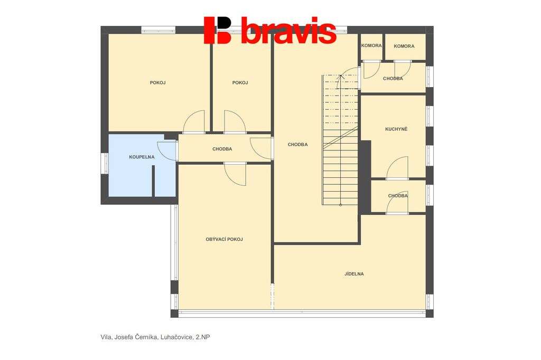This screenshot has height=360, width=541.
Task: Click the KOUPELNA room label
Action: click(x=142, y=157)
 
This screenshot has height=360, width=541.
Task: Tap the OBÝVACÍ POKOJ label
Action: click(x=224, y=239)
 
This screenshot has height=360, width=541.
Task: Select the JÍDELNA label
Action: click(x=354, y=274)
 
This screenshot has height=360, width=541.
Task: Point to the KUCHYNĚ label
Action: click(x=396, y=129)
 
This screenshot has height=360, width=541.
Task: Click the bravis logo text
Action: click(x=288, y=30)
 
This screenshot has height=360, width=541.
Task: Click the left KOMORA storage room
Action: click(x=371, y=46)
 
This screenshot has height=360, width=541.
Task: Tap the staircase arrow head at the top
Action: click(x=341, y=77)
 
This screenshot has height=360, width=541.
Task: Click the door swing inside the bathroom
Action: click(x=167, y=151)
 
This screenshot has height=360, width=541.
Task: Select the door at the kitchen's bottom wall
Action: click(x=397, y=168)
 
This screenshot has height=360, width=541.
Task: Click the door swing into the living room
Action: click(x=235, y=174)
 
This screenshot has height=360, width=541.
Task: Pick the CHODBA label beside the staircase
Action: click(x=297, y=145)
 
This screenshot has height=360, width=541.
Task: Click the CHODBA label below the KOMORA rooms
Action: click(x=393, y=78)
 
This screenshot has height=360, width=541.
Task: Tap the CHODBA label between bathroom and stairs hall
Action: click(x=222, y=149)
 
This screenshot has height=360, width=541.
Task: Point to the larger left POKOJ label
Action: click(x=157, y=83)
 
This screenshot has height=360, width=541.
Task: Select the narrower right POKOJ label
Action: click(x=240, y=83)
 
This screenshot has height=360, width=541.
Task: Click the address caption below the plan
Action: click(x=155, y=337)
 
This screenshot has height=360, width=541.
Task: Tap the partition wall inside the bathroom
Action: click(x=153, y=181)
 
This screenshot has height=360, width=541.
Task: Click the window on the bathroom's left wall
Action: click(x=105, y=164)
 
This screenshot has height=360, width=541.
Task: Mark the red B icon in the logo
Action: click(x=217, y=30)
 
